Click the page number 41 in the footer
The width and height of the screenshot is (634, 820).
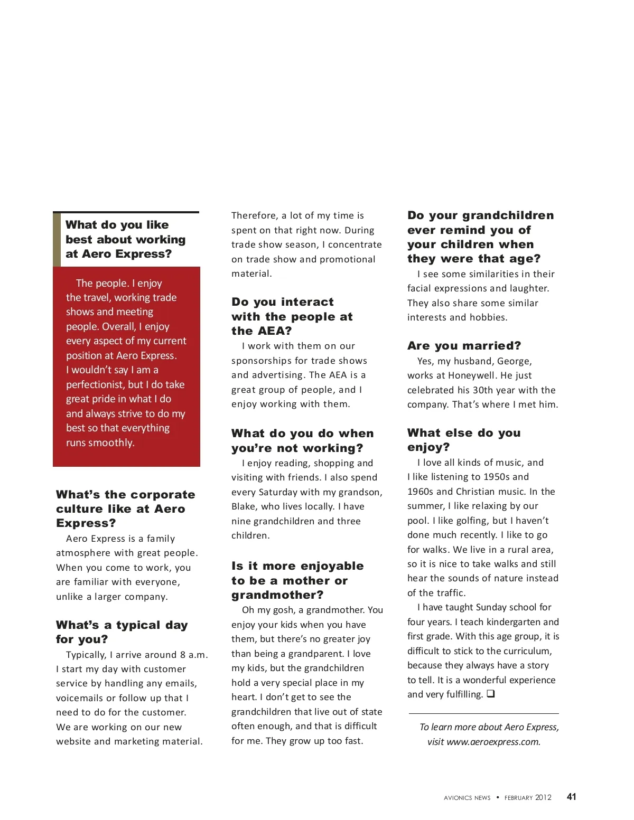pos(571,797)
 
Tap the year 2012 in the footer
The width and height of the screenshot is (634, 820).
pos(543,797)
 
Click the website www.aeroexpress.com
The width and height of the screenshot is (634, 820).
pos(493,742)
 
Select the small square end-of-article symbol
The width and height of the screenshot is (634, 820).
pos(490,694)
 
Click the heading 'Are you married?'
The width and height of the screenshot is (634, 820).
pos(464,346)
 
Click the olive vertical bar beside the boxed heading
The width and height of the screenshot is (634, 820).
pos(57,239)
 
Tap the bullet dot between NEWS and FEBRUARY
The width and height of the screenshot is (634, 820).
pos(498,797)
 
